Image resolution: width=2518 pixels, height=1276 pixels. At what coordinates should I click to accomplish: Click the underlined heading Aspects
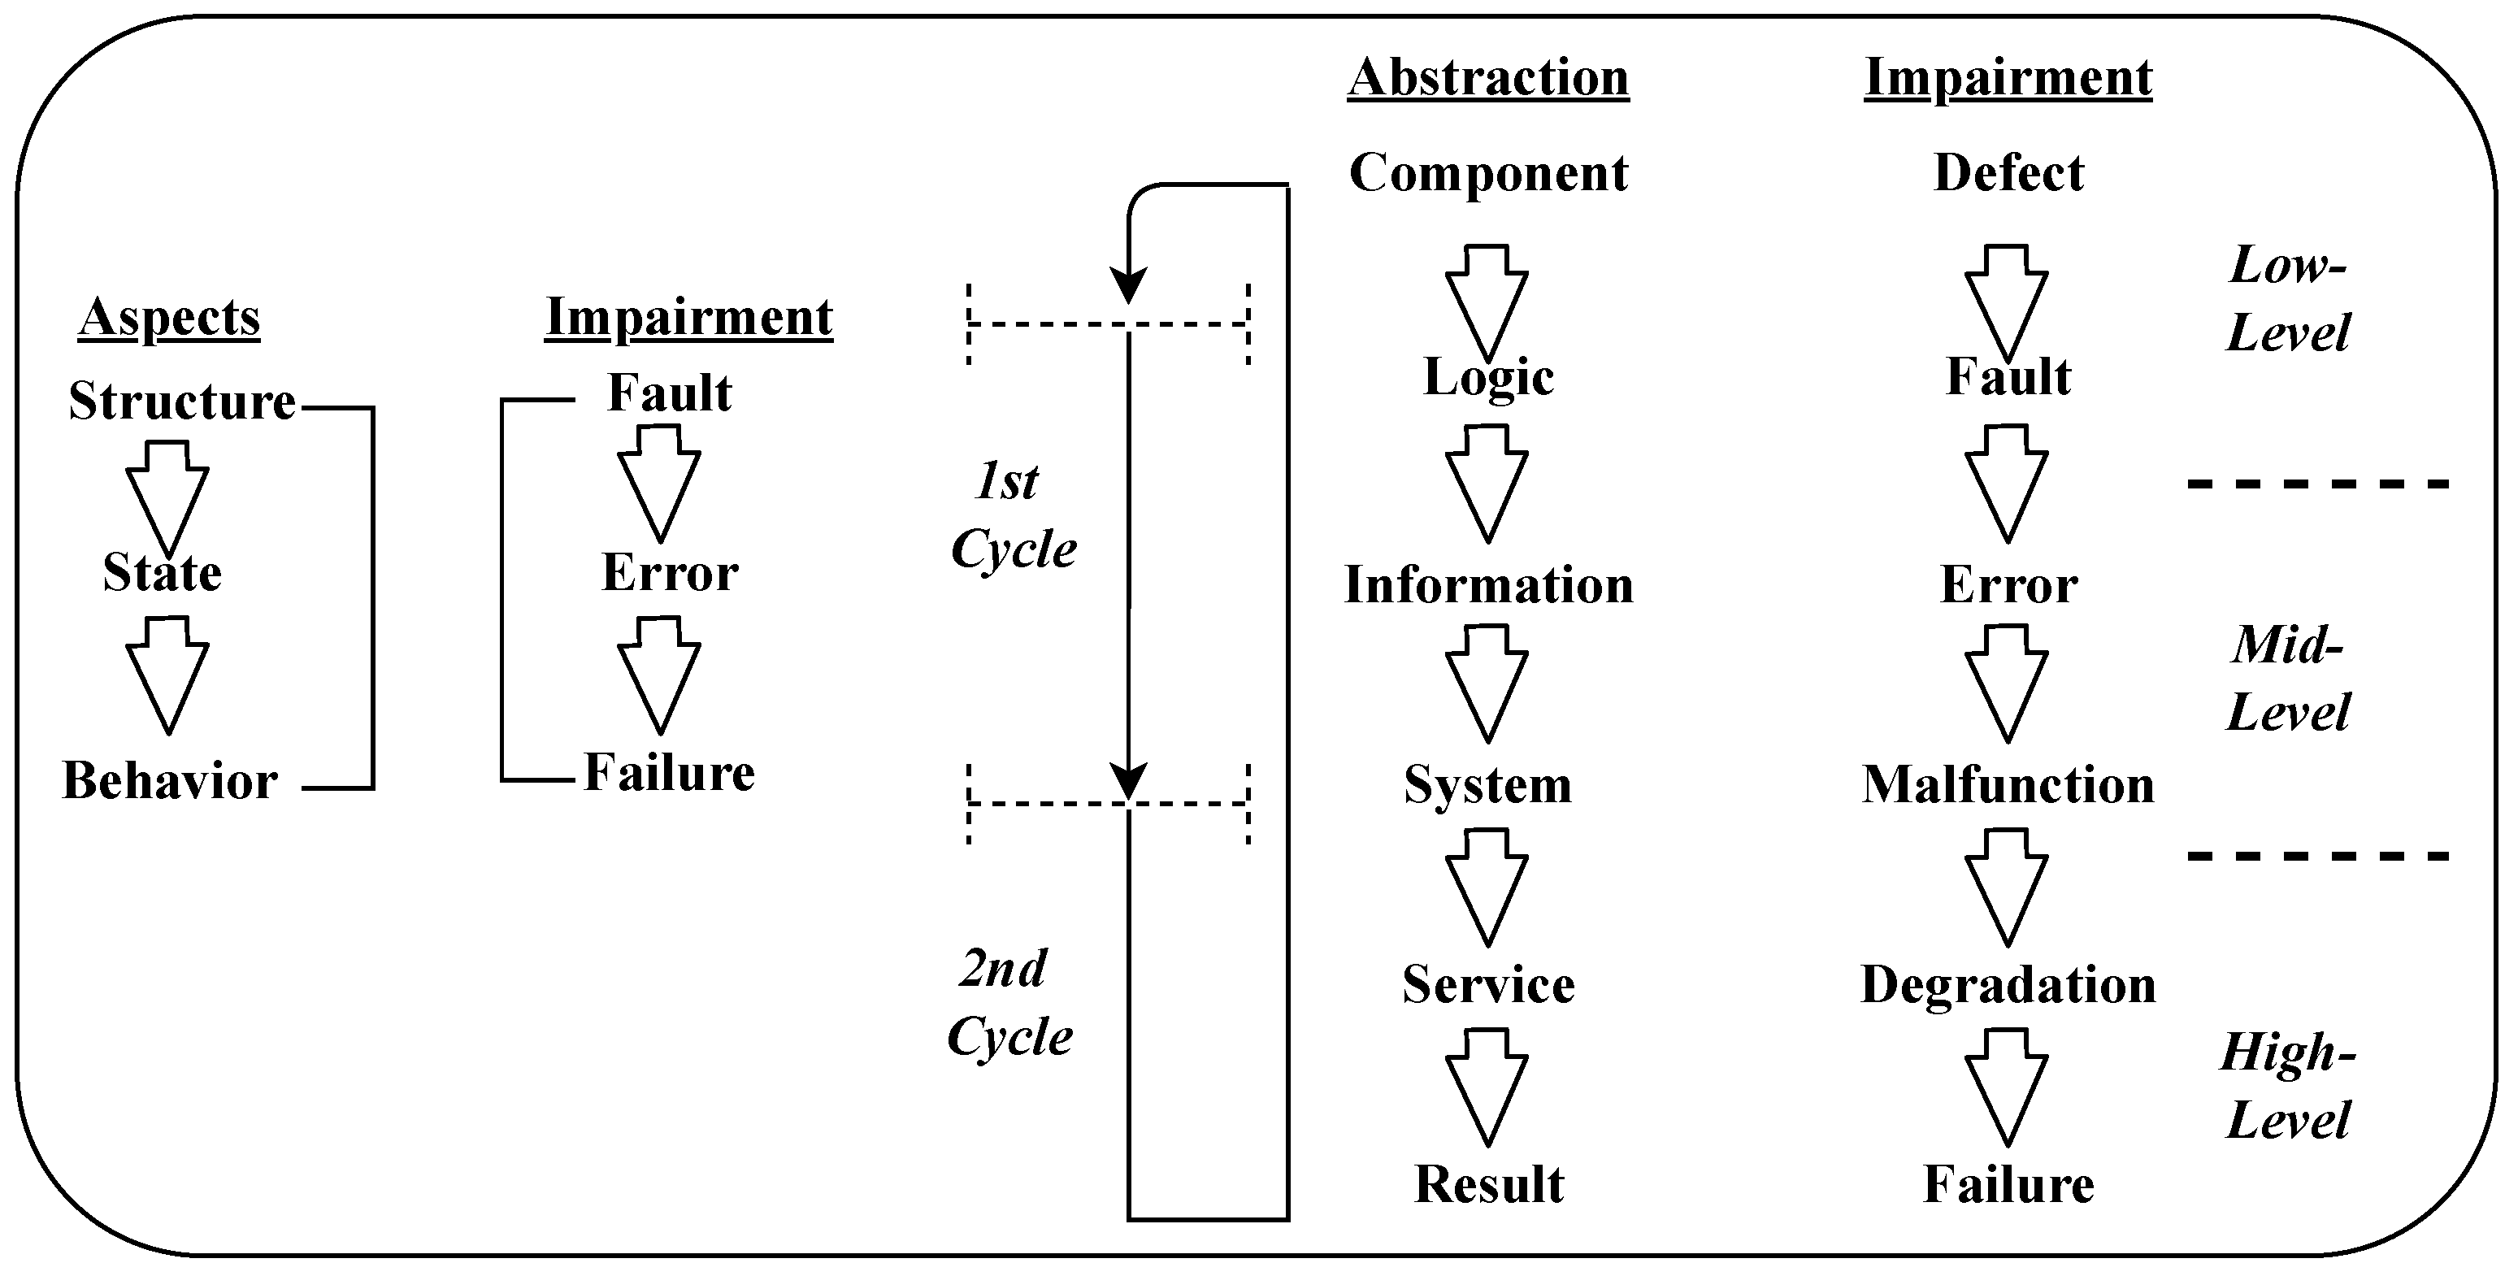tap(169, 318)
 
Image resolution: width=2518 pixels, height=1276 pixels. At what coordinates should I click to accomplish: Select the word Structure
tap(182, 401)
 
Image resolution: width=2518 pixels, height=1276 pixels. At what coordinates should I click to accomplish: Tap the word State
tap(163, 573)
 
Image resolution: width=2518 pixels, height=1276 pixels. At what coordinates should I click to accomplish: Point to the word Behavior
tap(170, 781)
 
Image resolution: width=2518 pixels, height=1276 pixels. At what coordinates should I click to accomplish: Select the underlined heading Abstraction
tap(1487, 78)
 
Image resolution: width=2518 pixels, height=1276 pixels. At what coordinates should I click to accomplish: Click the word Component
tap(1487, 174)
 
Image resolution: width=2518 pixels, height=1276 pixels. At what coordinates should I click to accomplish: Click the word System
tap(1487, 785)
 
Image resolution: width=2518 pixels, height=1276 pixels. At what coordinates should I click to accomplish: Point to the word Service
tap(1487, 984)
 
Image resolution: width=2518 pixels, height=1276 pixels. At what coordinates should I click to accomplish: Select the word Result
tap(1487, 1185)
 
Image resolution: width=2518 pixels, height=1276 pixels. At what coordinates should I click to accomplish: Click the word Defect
tap(2008, 174)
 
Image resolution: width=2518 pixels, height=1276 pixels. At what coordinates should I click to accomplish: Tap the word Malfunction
tap(2008, 785)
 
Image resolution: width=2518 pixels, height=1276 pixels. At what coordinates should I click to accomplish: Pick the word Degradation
tap(2008, 984)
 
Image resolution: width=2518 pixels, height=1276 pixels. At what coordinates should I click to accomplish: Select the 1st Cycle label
tap(1013, 515)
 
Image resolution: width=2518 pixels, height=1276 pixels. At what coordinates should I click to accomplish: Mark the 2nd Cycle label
tap(1009, 1002)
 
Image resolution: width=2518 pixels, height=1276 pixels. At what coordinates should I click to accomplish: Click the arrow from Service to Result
tap(1487, 1085)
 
